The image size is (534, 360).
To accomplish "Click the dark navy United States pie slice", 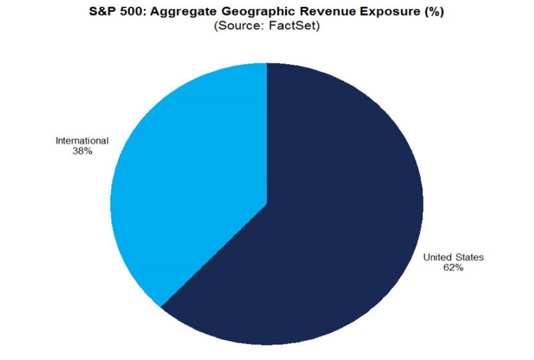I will click(x=334, y=204).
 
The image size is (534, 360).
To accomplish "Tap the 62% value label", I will click(x=452, y=268).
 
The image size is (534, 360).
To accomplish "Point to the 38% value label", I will click(x=82, y=151).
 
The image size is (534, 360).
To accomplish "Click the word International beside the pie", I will click(x=82, y=141).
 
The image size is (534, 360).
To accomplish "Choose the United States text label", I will click(x=453, y=257).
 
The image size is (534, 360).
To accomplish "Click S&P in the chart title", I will click(x=102, y=12).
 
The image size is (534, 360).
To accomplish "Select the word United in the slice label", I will click(x=438, y=257).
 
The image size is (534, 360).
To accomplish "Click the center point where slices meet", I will click(x=267, y=204).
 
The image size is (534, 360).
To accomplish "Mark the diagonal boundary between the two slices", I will click(x=214, y=256).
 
